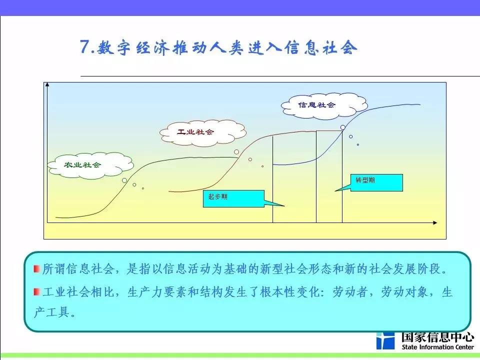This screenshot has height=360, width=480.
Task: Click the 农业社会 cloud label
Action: pos(82,165)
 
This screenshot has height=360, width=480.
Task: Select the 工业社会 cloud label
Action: pos(195,132)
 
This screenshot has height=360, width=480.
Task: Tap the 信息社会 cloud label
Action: pos(317,105)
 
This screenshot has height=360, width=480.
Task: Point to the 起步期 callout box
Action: pos(233,198)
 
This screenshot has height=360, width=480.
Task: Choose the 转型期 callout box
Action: pos(376,183)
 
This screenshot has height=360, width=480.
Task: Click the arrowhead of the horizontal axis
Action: pos(435,222)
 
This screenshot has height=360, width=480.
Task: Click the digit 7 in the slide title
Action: pos(84,46)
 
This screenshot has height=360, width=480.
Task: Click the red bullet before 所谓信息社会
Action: pos(37,269)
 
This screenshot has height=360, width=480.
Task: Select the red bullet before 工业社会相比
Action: pos(37,291)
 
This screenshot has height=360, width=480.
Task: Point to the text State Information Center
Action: pos(438,347)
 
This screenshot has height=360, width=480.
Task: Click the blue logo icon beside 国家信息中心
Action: pos(385,340)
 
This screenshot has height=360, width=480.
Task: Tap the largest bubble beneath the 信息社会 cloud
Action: pos(343,127)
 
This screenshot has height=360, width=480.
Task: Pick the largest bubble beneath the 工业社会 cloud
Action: pos(236,152)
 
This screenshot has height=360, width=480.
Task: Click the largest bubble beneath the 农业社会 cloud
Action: pos(124,180)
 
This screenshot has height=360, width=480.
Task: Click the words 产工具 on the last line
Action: pos(51,312)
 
